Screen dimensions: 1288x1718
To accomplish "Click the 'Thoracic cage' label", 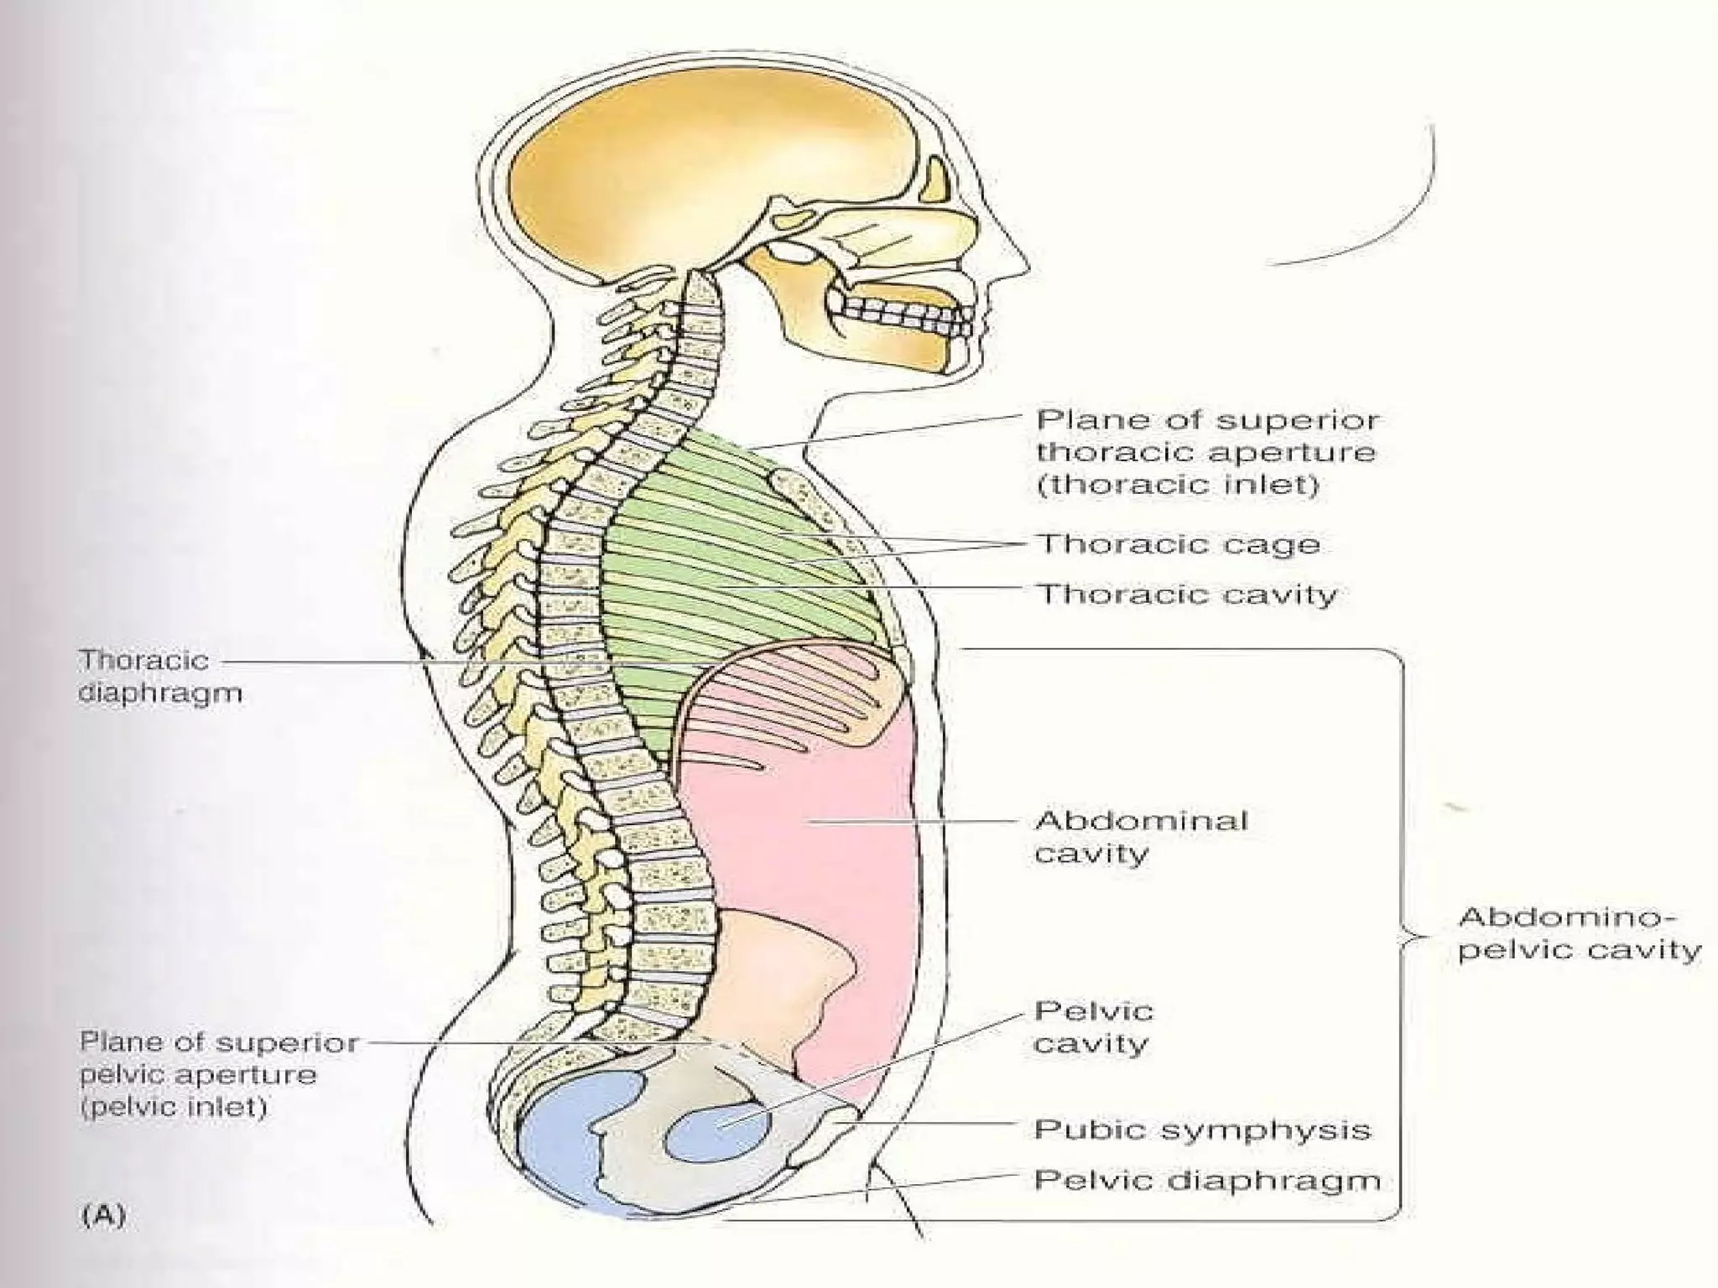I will click(1179, 544).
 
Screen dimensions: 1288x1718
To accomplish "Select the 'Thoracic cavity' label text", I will click(1187, 595).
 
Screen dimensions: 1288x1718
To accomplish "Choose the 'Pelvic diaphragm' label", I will click(1206, 1180).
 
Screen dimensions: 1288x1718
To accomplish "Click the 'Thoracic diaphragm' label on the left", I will click(159, 676).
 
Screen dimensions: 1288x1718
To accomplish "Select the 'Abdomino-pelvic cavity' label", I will click(1578, 933).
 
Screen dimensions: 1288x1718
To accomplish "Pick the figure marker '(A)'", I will click(104, 1215).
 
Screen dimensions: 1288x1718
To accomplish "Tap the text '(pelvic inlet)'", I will click(174, 1108).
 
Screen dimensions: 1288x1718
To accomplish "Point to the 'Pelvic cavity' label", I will click(1093, 1027).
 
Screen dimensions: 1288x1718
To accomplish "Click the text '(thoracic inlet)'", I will click(1179, 485).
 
